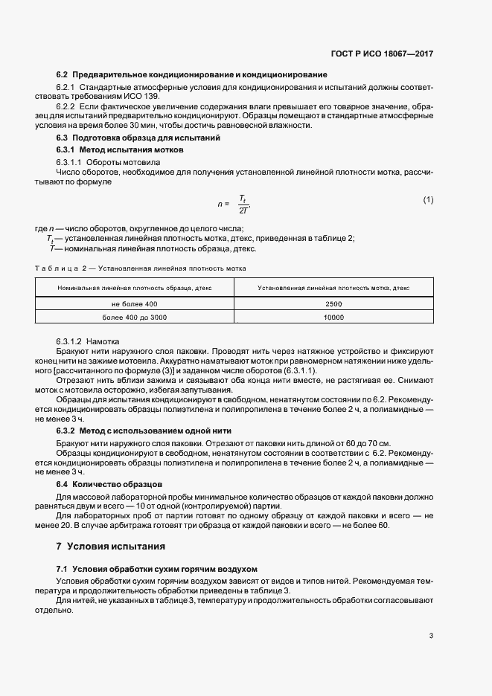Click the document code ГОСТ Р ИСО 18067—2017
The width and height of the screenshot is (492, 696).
pyautogui.click(x=383, y=54)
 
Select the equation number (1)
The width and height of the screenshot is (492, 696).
pyautogui.click(x=428, y=200)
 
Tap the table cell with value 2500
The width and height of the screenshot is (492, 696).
pyautogui.click(x=333, y=304)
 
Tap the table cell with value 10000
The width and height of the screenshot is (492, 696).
pyautogui.click(x=333, y=318)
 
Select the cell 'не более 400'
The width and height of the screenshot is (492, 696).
pyautogui.click(x=135, y=304)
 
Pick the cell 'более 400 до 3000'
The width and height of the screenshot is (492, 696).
pyautogui.click(x=135, y=318)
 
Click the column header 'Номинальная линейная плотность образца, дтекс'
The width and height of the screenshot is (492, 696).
pyautogui.click(x=135, y=287)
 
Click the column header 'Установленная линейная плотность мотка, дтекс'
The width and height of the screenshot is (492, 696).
pyautogui.click(x=333, y=287)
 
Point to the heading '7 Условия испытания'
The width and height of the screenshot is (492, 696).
pyautogui.click(x=110, y=546)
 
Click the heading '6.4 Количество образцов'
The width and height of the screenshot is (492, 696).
pyautogui.click(x=99, y=483)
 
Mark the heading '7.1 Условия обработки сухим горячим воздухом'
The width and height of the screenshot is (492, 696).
pyautogui.click(x=156, y=568)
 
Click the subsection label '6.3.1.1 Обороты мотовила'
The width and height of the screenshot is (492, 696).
pyautogui.click(x=103, y=161)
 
